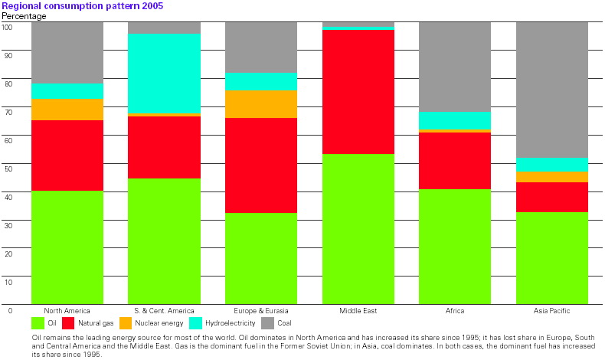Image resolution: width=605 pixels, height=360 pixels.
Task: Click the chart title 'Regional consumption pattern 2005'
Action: pos(81,5)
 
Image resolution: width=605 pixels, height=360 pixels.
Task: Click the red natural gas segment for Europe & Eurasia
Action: pos(261,165)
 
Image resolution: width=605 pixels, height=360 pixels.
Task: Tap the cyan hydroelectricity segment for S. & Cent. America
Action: pos(164,73)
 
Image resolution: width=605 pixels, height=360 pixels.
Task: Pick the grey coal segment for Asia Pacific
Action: pos(551,89)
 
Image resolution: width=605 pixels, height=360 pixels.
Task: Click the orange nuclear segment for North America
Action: pos(67,110)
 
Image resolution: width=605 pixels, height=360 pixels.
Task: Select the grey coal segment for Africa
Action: pos(455,67)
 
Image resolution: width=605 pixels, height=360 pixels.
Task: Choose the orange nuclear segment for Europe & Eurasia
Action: pos(261,103)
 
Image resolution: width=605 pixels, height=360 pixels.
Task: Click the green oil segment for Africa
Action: pos(455,246)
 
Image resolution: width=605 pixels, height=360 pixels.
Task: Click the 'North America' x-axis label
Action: pos(67,311)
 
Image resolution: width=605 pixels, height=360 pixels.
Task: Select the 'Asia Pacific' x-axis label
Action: pos(551,311)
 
